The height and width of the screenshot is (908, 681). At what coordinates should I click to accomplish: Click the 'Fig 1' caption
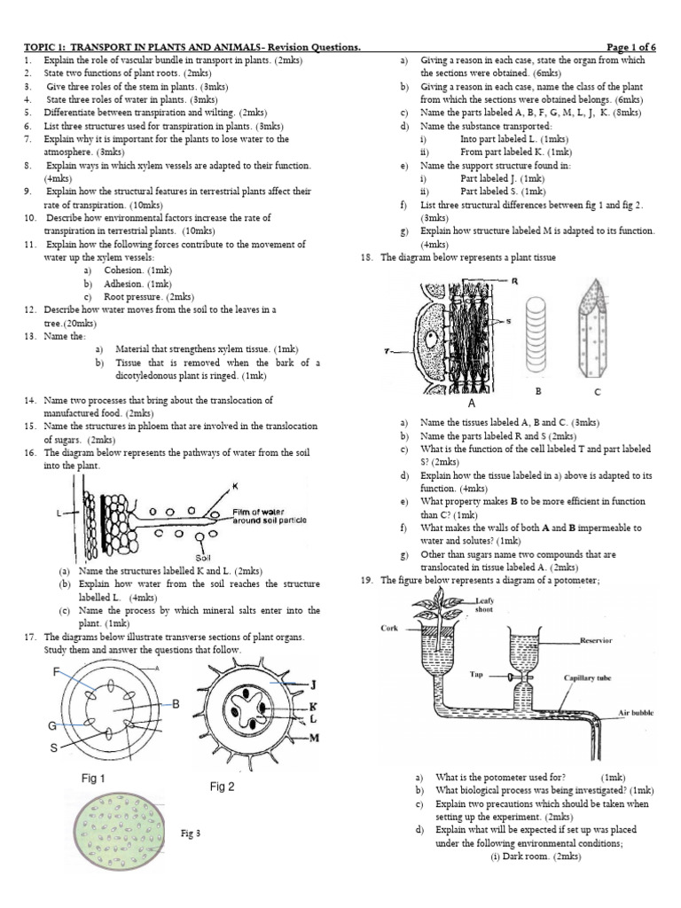pyautogui.click(x=93, y=779)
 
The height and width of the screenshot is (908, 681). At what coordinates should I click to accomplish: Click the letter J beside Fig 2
pyautogui.click(x=313, y=684)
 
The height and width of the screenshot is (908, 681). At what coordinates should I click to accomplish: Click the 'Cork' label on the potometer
pyautogui.click(x=391, y=629)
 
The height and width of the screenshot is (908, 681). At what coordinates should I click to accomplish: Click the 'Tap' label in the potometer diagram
pyautogui.click(x=475, y=673)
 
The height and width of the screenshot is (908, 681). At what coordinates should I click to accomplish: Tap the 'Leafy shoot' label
pyautogui.click(x=484, y=605)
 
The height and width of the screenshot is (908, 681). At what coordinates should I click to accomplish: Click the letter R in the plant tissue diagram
pyautogui.click(x=515, y=281)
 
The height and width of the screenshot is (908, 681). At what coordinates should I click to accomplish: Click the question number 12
pyautogui.click(x=29, y=309)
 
